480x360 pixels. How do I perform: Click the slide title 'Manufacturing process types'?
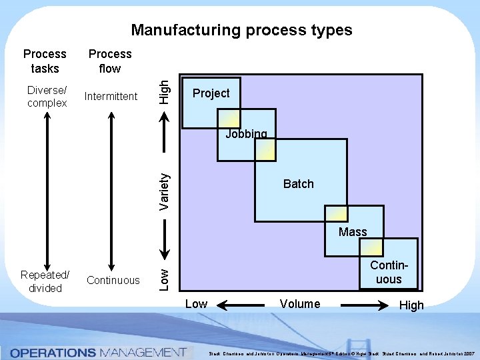(x=241, y=30)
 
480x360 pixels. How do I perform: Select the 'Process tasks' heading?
(x=45, y=61)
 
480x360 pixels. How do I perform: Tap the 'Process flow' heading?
(x=110, y=61)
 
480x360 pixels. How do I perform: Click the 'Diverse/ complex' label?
(x=47, y=96)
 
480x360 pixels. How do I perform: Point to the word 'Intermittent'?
(x=111, y=97)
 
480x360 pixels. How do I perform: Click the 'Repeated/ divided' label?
(x=45, y=281)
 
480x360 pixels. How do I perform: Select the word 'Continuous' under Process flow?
(x=113, y=280)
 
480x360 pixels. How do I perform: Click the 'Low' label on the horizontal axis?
(x=196, y=304)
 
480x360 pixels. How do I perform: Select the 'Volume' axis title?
(x=300, y=304)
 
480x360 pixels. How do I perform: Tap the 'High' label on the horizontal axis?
(x=411, y=305)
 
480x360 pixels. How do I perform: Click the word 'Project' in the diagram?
(x=211, y=93)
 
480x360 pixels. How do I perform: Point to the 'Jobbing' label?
(x=246, y=134)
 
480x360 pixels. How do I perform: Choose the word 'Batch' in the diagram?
(x=298, y=184)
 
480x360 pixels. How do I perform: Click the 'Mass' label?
(x=353, y=232)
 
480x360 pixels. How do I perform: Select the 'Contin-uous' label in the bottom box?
(x=388, y=273)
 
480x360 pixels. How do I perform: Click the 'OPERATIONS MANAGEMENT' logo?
(x=97, y=352)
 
